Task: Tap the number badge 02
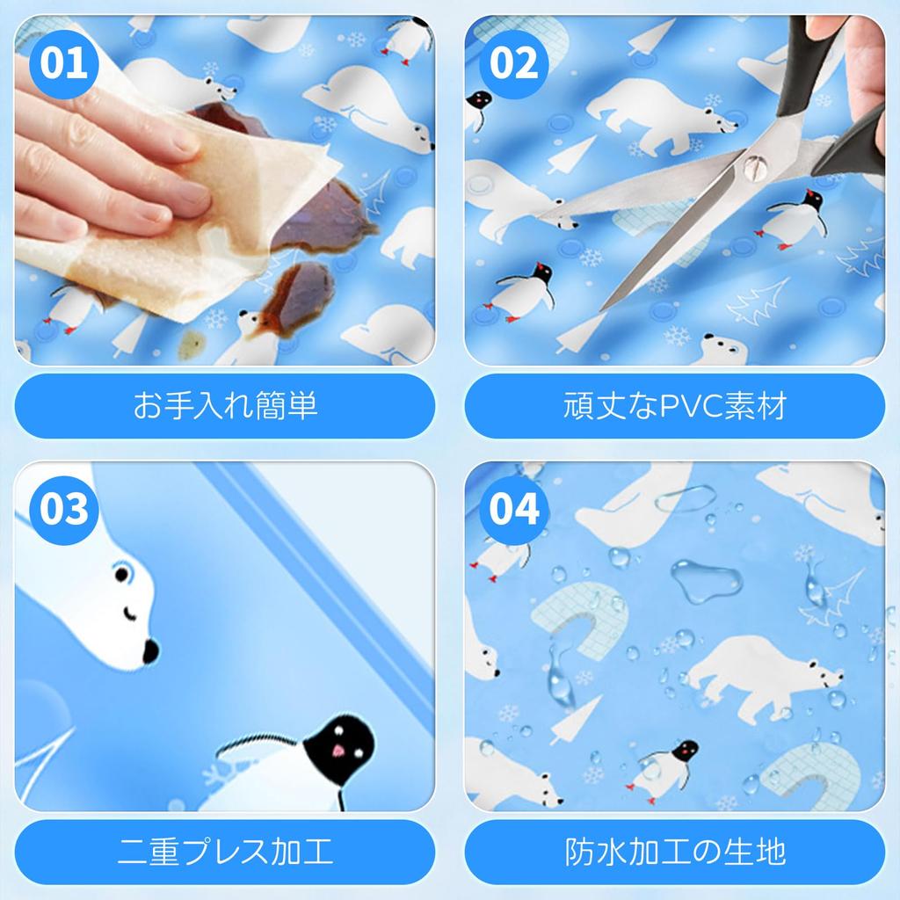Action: click(x=513, y=64)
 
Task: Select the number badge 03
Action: click(x=64, y=510)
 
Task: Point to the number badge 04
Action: click(x=513, y=510)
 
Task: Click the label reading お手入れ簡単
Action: click(x=225, y=406)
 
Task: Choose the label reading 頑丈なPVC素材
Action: click(x=674, y=406)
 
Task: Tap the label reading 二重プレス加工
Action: click(x=225, y=851)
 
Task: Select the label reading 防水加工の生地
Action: click(x=674, y=851)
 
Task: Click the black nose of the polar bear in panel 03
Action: click(x=150, y=651)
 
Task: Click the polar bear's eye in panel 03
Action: click(x=121, y=576)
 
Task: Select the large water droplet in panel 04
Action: click(x=706, y=580)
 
